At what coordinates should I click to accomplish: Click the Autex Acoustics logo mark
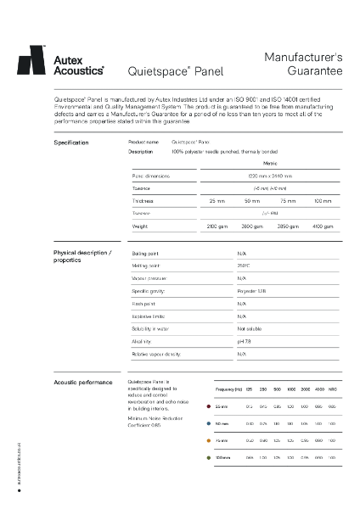click(31, 60)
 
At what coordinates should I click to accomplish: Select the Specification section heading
click(71, 142)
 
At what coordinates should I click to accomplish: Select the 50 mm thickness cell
click(252, 200)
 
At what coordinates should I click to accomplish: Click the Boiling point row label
click(145, 253)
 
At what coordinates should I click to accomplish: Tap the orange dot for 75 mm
click(209, 440)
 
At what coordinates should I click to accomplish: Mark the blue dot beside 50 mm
click(209, 422)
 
